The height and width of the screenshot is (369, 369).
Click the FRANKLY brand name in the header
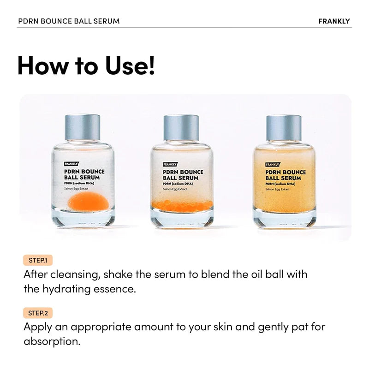pos(334,21)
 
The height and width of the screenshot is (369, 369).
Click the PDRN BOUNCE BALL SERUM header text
pos(69,21)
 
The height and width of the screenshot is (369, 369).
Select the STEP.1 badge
pos(38,260)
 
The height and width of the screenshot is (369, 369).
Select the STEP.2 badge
pos(38,313)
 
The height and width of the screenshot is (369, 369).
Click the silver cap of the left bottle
pos(82,127)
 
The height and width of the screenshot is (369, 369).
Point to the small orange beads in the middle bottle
pos(181,205)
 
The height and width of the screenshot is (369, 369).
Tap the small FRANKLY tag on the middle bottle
pos(170,164)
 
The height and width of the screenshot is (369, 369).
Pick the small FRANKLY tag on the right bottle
pos(272,164)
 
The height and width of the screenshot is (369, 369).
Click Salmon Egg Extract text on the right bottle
pos(278,189)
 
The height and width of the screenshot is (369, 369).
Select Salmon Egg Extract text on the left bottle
pos(77,189)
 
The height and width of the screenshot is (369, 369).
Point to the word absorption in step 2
pos(51,342)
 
